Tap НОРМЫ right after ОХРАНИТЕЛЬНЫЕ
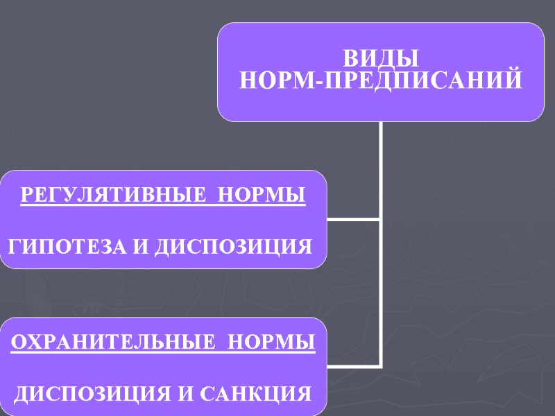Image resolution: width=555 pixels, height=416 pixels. pos(271,343)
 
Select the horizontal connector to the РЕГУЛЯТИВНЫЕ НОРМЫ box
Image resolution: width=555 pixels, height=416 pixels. pos(353,220)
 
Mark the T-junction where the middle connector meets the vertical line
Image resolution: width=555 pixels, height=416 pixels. pos(381,220)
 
